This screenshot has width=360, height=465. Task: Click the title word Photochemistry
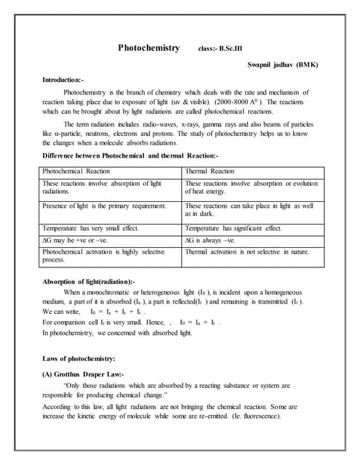pos(149,48)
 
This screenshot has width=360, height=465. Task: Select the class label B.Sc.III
pos(220,49)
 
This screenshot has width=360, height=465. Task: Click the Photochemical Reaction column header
pos(77,171)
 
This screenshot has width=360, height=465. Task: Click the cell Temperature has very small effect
pos(89,227)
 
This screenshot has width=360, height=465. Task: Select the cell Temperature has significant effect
pos(233,227)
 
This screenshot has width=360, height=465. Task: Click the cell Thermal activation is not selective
pos(247,251)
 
